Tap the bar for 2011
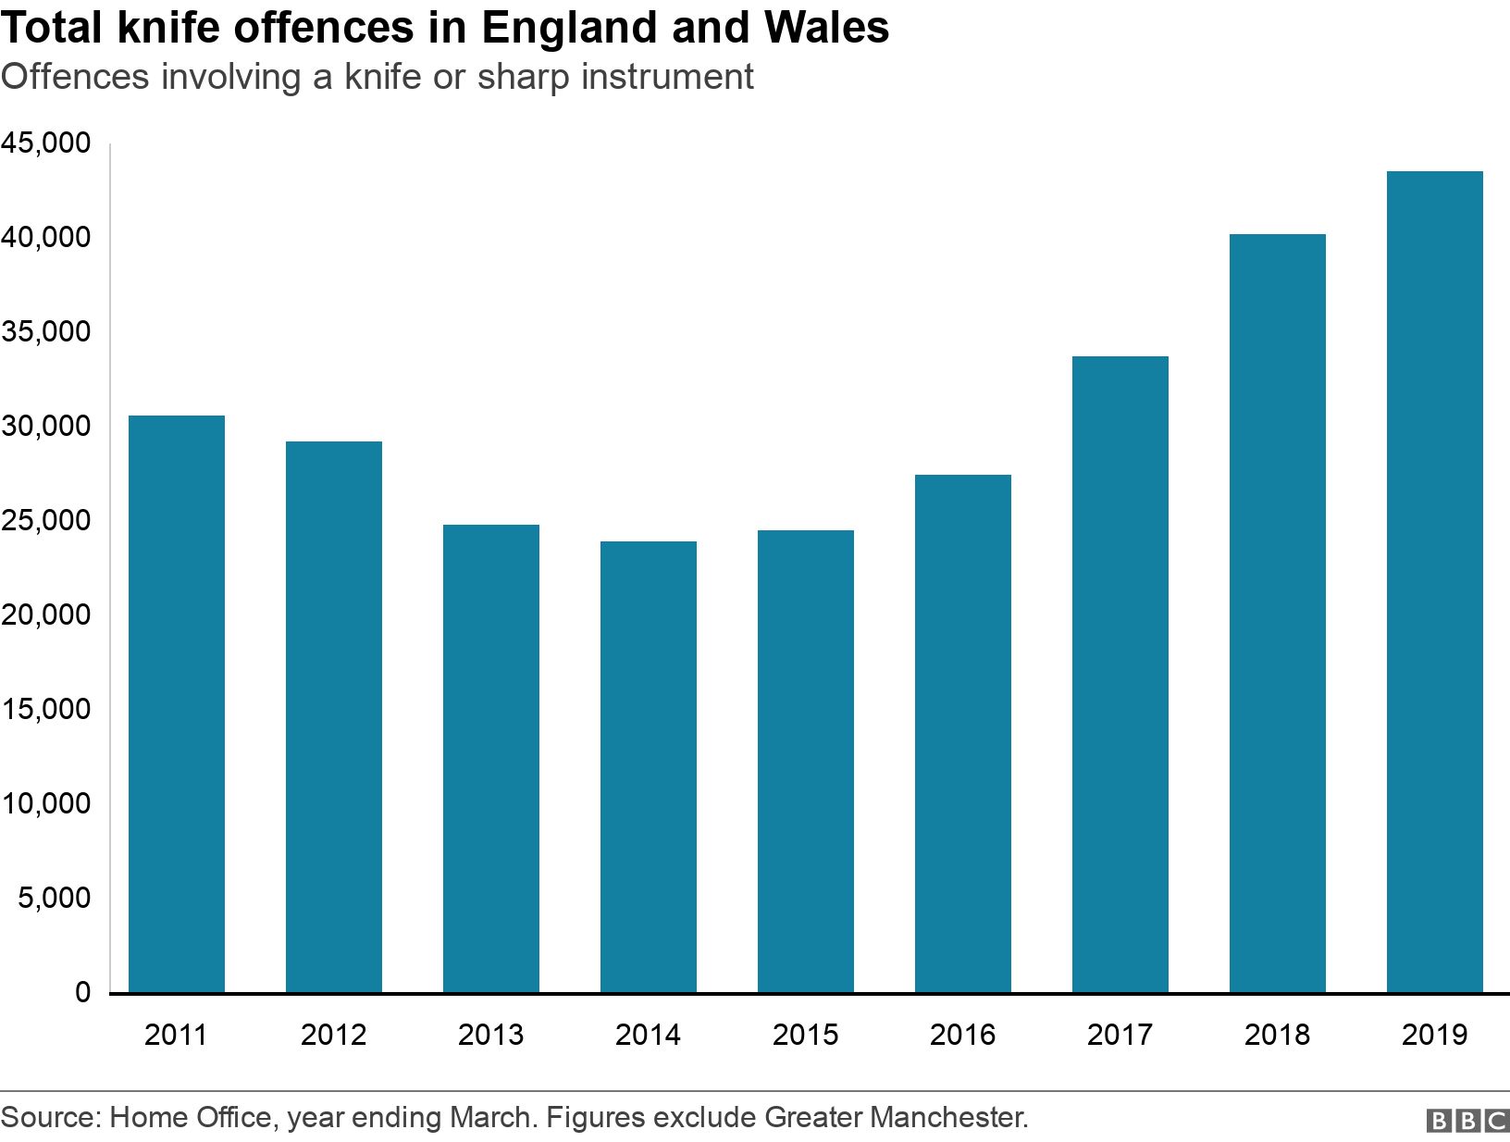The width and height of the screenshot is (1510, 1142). (176, 703)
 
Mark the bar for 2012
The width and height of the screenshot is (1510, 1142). (333, 716)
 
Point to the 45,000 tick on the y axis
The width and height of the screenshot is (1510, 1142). (46, 143)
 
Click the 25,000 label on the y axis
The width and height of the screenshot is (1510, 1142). (46, 521)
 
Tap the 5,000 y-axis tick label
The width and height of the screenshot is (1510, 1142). (54, 898)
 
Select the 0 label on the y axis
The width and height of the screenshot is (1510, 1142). (83, 992)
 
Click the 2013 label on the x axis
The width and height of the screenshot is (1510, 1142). (490, 1035)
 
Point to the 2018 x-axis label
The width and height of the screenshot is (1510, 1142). (1277, 1035)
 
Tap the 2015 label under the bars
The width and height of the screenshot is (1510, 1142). (805, 1035)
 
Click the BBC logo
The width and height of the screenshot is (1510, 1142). (1467, 1121)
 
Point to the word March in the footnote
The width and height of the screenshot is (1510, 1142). (491, 1118)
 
